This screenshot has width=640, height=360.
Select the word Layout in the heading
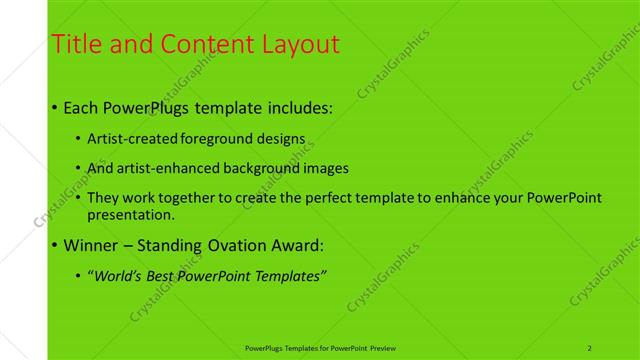[x=300, y=44]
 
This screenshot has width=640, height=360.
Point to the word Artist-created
[x=125, y=138]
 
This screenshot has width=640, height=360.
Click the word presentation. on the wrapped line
[x=131, y=214]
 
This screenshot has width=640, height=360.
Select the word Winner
[x=92, y=245]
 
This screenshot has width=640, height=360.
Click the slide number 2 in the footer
[x=590, y=348]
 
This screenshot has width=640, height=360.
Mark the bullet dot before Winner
[x=54, y=245]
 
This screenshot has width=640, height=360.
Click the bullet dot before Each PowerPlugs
[x=54, y=107]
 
